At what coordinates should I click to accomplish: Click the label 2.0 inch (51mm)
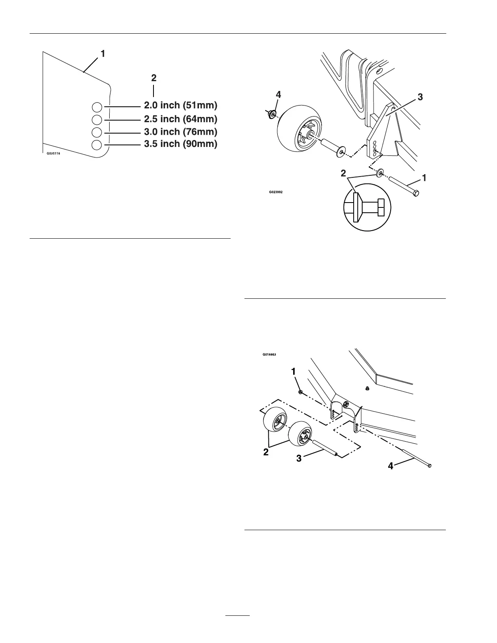click(x=181, y=106)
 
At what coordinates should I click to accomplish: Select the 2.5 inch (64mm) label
click(x=181, y=119)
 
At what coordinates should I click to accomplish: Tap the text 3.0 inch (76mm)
click(x=181, y=132)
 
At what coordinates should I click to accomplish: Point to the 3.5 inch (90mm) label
click(x=181, y=144)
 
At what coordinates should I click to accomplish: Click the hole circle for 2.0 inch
click(x=97, y=107)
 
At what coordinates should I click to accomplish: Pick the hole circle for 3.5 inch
click(x=97, y=145)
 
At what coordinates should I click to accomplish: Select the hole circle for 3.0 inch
click(x=97, y=132)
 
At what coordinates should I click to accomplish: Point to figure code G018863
click(x=269, y=354)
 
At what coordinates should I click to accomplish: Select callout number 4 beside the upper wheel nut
click(x=278, y=95)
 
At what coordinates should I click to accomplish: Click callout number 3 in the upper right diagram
click(x=420, y=97)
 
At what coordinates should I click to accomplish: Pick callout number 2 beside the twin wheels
click(x=266, y=452)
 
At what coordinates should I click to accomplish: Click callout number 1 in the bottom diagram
click(x=293, y=371)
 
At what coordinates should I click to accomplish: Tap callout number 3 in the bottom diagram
click(x=299, y=458)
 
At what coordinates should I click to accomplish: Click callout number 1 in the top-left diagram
click(x=103, y=53)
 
